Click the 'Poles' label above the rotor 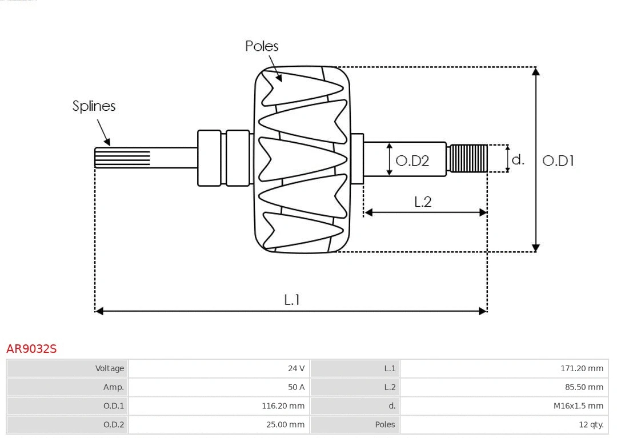[x=262, y=46]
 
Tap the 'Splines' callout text [x=94, y=106]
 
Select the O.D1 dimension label [x=558, y=161]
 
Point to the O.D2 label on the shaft [x=412, y=161]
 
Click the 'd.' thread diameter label [x=518, y=159]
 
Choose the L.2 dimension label [x=422, y=202]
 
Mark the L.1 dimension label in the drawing [x=292, y=300]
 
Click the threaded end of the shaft [x=468, y=158]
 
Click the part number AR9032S [x=31, y=348]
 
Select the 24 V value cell [x=296, y=368]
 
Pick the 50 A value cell [x=296, y=387]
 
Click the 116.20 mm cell [x=283, y=406]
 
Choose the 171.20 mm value [x=582, y=368]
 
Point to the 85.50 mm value [x=584, y=387]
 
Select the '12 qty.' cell [x=591, y=424]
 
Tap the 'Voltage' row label [x=109, y=368]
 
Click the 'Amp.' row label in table [x=113, y=387]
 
